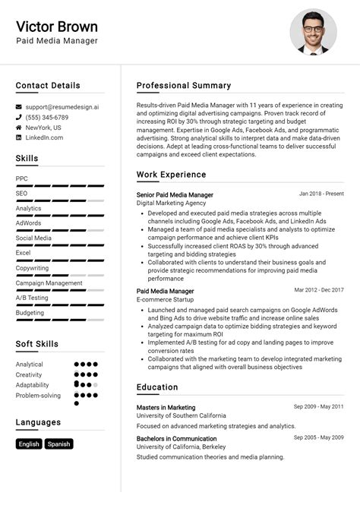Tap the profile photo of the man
tap(313, 32)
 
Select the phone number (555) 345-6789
tap(46, 118)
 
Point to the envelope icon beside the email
tap(19, 108)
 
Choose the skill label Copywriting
tap(32, 267)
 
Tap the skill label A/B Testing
tap(32, 298)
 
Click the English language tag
tap(29, 444)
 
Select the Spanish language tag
tap(58, 444)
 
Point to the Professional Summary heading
tap(184, 85)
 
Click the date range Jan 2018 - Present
tap(321, 194)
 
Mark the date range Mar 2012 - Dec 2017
tap(319, 289)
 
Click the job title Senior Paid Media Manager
tap(175, 195)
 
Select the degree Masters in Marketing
tap(166, 407)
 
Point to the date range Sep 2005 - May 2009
tap(319, 437)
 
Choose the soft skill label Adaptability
tap(33, 384)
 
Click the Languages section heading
tap(38, 422)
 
